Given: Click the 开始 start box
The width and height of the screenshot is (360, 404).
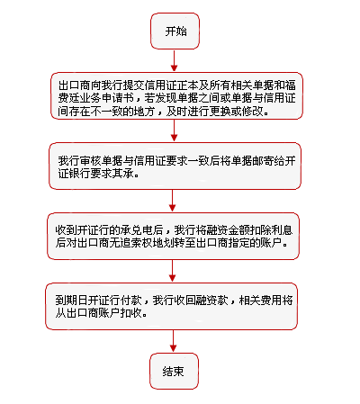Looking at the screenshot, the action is point(175,31).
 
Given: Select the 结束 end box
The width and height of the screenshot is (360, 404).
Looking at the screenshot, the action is point(174,371).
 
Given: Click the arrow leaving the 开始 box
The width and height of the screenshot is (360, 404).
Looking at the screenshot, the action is point(174,60).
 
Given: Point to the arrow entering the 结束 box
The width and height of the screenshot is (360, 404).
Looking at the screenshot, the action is point(173,341).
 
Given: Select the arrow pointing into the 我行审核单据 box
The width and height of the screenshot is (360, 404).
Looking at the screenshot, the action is point(174,130).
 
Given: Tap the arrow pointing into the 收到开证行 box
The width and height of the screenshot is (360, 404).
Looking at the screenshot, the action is point(172,201).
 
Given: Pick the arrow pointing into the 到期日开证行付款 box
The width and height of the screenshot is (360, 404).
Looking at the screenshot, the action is point(172,271).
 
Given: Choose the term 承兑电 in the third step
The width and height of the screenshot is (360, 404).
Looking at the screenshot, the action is point(137,230).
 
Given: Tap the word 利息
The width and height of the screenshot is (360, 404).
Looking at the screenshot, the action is point(282,230).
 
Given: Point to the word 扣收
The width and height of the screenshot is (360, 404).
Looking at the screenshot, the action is point(131,313).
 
